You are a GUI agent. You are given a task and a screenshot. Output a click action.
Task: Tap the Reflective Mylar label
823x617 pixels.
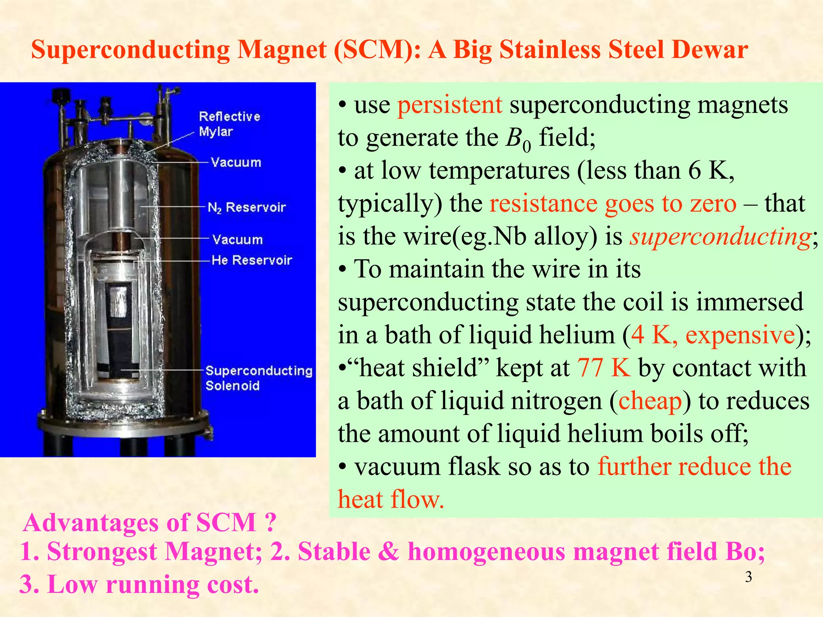pyautogui.click(x=229, y=124)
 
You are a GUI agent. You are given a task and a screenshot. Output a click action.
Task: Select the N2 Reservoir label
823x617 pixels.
pyautogui.click(x=246, y=207)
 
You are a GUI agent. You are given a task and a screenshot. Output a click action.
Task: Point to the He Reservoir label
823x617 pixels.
pyautogui.click(x=252, y=260)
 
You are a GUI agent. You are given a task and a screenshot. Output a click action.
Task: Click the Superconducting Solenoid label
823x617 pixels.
pyautogui.click(x=258, y=378)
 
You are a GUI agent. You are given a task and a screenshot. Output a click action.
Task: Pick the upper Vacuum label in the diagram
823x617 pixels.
pyautogui.click(x=236, y=162)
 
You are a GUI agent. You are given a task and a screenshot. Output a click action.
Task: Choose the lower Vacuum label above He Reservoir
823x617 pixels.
pyautogui.click(x=237, y=239)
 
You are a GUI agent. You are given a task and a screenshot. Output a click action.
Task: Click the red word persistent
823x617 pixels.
pyautogui.click(x=450, y=105)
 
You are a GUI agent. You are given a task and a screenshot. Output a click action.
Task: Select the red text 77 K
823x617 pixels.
pyautogui.click(x=604, y=368)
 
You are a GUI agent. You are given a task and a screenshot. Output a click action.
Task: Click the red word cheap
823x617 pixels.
pyautogui.click(x=650, y=401)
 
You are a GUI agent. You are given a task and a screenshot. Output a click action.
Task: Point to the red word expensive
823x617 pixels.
pyautogui.click(x=740, y=335)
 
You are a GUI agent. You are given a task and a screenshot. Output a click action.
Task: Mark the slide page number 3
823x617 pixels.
pyautogui.click(x=748, y=577)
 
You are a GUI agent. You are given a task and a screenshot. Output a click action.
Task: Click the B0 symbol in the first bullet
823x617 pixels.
pyautogui.click(x=518, y=139)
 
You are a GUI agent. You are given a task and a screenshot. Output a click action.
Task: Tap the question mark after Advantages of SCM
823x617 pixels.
pyautogui.click(x=270, y=523)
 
